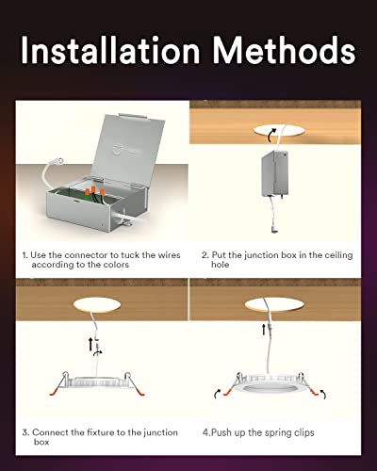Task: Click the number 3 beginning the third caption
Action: [24, 432]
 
